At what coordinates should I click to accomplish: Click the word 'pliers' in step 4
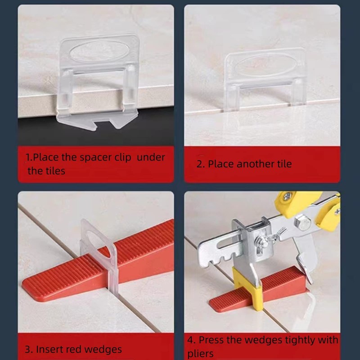(201, 354)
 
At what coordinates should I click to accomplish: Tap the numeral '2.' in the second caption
(200, 164)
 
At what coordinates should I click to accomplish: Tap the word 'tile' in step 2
(283, 164)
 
